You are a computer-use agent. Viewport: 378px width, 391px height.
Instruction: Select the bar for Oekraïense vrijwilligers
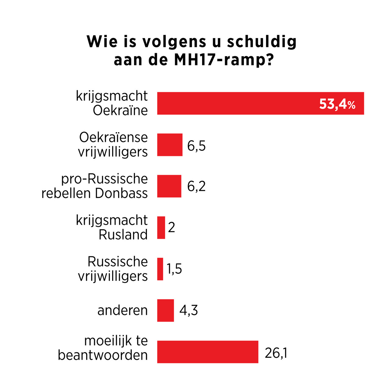[170, 145]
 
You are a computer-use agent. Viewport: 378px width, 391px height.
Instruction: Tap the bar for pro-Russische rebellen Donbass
[169, 186]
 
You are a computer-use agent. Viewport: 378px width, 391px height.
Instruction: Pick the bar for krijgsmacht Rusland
[161, 227]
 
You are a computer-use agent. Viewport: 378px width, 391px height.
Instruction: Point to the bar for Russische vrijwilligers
[160, 269]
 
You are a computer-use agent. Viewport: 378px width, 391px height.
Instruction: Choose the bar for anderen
[166, 310]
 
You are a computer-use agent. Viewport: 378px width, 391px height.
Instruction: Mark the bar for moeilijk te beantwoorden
[208, 352]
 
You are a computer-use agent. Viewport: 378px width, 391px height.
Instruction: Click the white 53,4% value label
[337, 104]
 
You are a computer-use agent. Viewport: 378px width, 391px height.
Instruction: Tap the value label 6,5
[196, 146]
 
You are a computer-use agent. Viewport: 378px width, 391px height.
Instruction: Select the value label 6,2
[196, 186]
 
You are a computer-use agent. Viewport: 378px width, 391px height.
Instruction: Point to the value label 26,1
[276, 353]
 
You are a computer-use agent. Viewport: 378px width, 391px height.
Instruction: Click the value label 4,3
[188, 310]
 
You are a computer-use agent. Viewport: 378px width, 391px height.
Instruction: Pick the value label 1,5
[174, 269]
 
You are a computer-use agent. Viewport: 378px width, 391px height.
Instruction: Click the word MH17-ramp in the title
[223, 60]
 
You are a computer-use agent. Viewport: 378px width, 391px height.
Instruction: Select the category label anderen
[123, 310]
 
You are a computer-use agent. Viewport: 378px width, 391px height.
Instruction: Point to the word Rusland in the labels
[123, 235]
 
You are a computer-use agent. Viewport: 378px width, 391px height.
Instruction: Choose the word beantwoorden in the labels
[103, 355]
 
